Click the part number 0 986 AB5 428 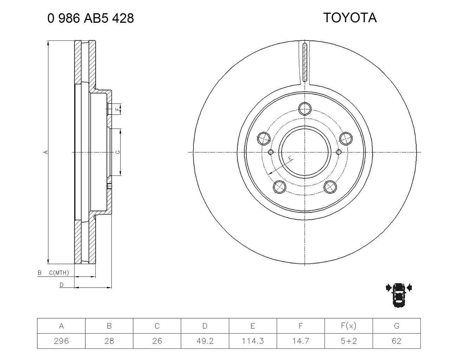(91, 18)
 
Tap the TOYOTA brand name (350, 18)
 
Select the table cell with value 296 (61, 341)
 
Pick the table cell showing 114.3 (253, 341)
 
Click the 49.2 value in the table (205, 341)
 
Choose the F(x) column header (349, 326)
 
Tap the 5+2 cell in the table (349, 341)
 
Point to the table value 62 (397, 341)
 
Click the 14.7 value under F (301, 341)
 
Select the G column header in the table (397, 326)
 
